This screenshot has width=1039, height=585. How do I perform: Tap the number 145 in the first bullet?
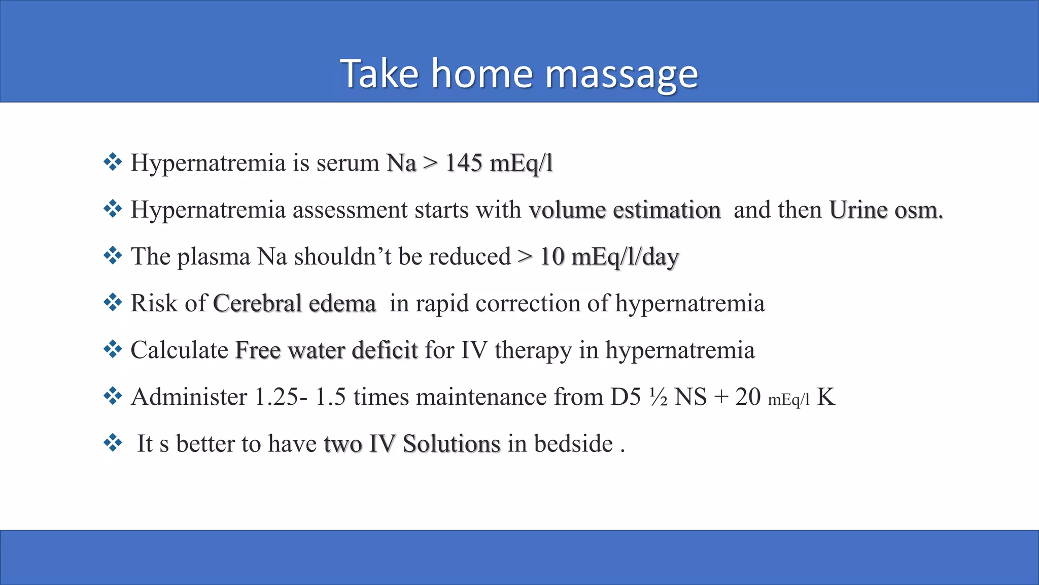(x=464, y=163)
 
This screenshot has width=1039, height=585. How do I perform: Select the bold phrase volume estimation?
(x=625, y=210)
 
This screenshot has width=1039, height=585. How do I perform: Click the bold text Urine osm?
(x=886, y=210)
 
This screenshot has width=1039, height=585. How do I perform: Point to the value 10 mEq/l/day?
(x=609, y=257)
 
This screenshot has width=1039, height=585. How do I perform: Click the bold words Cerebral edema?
(x=294, y=304)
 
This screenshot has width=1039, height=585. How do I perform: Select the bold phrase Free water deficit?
(x=326, y=350)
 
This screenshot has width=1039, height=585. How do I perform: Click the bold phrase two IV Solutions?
(x=412, y=444)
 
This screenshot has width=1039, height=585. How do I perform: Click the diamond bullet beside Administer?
(x=113, y=396)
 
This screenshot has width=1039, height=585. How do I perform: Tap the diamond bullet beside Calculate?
(x=113, y=349)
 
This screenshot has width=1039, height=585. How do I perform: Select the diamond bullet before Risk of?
(x=113, y=303)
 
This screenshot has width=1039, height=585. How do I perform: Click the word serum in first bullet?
(x=348, y=164)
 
